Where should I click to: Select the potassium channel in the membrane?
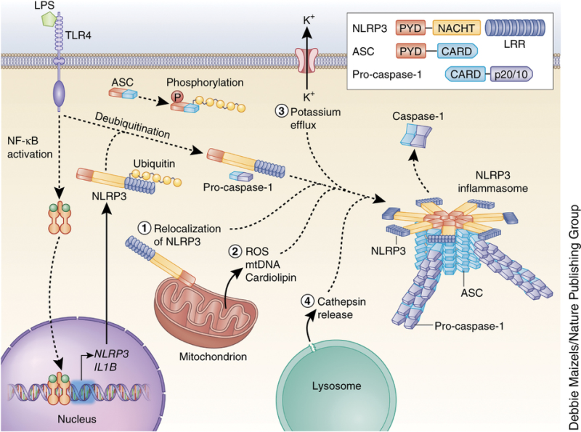click(x=306, y=61)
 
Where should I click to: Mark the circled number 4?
click(x=309, y=301)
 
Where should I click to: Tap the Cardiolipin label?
click(x=279, y=276)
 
